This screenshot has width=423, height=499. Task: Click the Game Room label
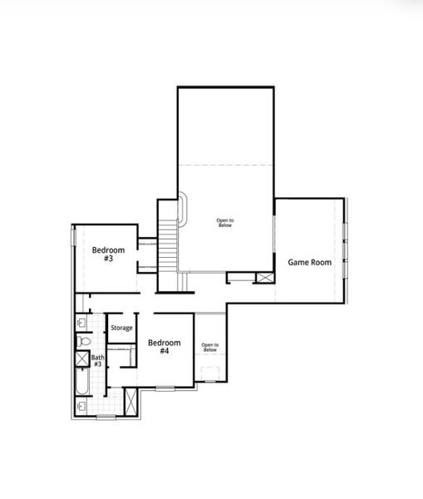pyautogui.click(x=309, y=262)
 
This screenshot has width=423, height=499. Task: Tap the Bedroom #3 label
pyautogui.click(x=108, y=254)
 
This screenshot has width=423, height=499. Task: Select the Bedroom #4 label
pyautogui.click(x=164, y=347)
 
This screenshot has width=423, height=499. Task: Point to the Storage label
pyautogui.click(x=122, y=329)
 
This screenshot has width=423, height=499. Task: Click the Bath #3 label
pyautogui.click(x=97, y=361)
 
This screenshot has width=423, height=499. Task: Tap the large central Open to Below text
pyautogui.click(x=225, y=223)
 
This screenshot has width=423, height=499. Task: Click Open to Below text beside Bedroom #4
pyautogui.click(x=209, y=347)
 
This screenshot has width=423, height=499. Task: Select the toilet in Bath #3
pyautogui.click(x=83, y=341)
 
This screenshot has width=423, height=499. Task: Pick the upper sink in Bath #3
pyautogui.click(x=81, y=322)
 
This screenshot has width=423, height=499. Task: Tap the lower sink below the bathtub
pyautogui.click(x=81, y=406)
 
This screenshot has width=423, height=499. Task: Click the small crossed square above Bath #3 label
pyautogui.click(x=82, y=358)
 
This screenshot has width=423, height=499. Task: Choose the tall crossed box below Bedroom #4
pyautogui.click(x=130, y=401)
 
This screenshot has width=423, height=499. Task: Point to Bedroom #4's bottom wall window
pyautogui.click(x=165, y=388)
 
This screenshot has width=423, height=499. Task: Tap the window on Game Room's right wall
pyautogui.click(x=345, y=249)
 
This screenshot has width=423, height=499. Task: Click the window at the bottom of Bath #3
pyautogui.click(x=106, y=416)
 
